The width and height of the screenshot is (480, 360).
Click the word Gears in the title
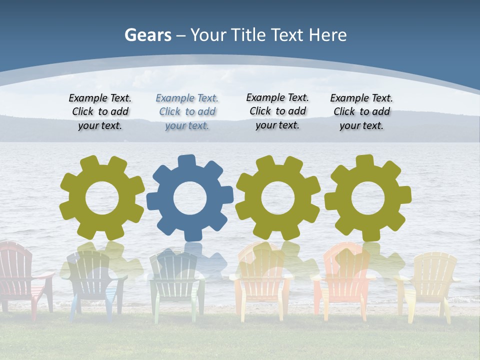point(147,35)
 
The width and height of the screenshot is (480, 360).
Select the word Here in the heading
point(327,35)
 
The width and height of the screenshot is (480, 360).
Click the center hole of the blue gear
point(190,198)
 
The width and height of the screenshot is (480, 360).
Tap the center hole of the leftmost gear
point(102,198)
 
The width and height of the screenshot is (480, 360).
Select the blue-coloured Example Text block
point(187,112)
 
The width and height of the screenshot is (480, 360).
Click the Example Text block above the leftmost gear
point(100,112)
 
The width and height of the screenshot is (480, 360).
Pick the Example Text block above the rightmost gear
point(361,112)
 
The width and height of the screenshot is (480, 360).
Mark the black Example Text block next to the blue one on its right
point(277,111)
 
